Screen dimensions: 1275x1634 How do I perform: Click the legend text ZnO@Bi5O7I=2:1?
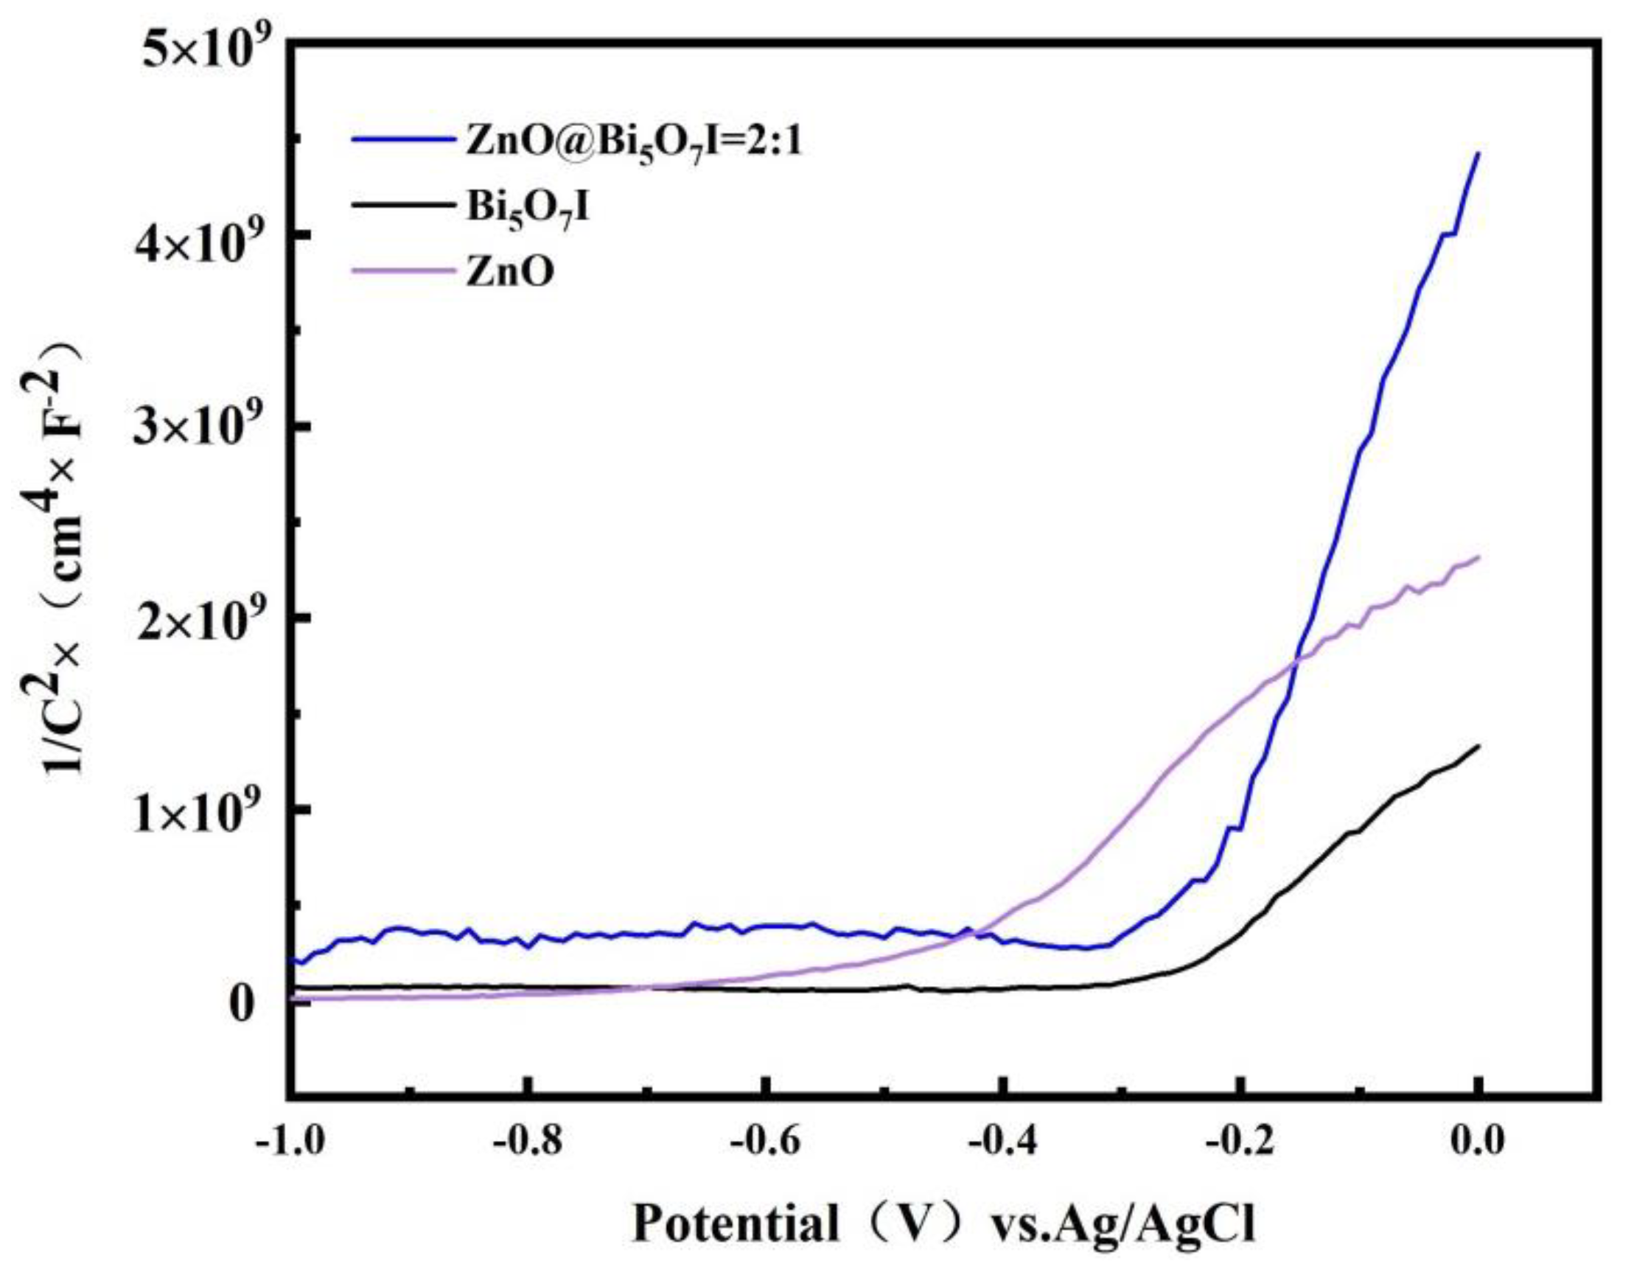coord(633,143)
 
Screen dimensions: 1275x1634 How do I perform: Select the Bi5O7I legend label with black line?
coord(528,209)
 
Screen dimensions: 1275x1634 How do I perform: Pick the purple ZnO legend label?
coord(509,274)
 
